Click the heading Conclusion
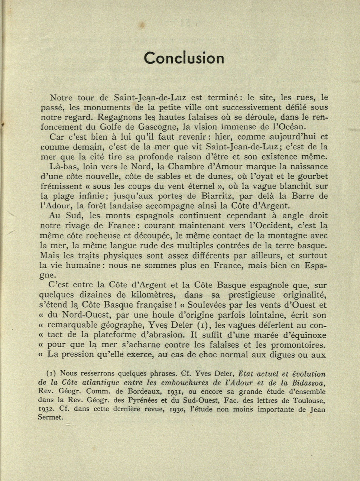pos(184,58)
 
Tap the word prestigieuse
pos(252,295)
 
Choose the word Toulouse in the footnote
pos(309,401)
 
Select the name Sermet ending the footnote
pos(50,417)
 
